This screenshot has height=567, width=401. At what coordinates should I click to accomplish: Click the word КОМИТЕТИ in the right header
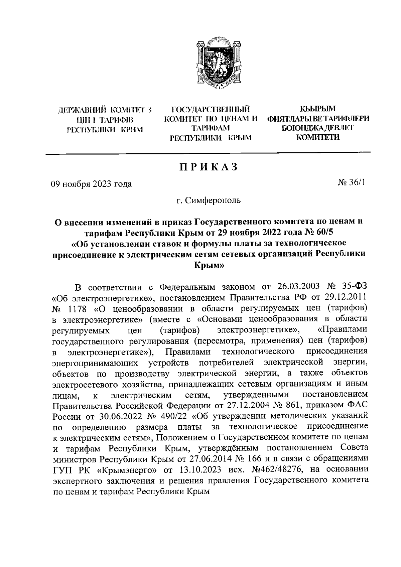[x=318, y=137]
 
